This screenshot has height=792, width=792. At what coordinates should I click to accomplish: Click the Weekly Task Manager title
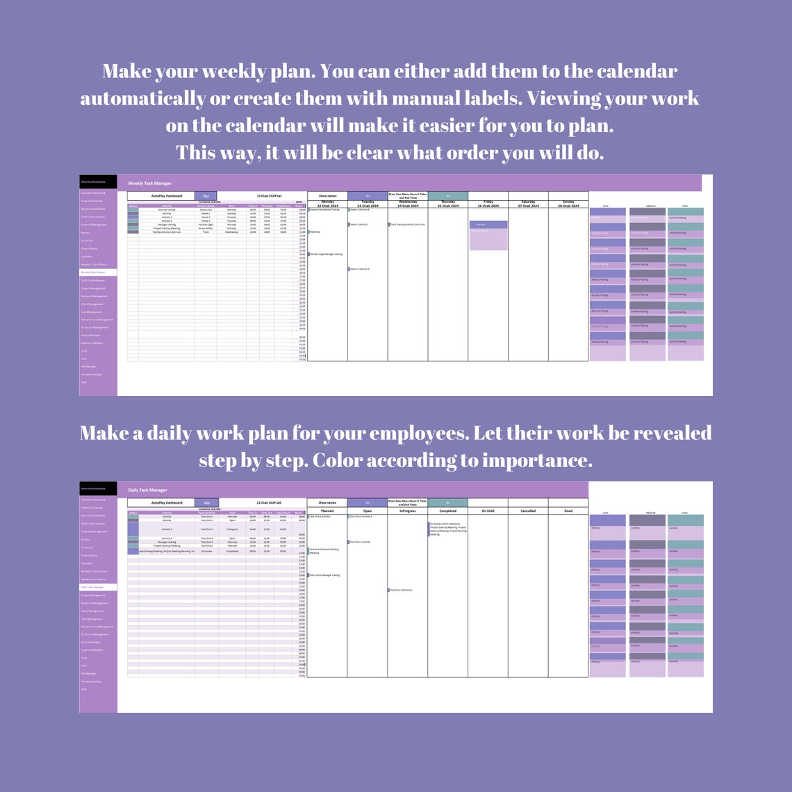(149, 183)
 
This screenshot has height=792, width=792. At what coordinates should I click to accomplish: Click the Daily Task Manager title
(148, 490)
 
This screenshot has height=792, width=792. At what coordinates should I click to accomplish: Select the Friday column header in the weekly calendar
(488, 204)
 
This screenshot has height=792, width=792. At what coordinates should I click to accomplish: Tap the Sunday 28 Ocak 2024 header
(568, 204)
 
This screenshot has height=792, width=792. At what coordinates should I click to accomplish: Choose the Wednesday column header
(408, 204)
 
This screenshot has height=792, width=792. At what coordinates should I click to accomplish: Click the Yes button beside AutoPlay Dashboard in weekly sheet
(206, 196)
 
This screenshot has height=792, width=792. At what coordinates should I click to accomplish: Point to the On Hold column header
(488, 511)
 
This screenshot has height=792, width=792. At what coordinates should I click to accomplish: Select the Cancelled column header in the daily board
(528, 511)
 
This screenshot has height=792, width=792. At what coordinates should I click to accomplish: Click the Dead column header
(568, 511)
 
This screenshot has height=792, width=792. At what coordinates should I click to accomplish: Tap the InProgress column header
(408, 511)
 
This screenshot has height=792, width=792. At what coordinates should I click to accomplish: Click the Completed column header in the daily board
(448, 511)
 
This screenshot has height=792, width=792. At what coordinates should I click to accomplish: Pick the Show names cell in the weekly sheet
(327, 196)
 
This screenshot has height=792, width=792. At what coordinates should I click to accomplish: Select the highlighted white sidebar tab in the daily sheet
(98, 587)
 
